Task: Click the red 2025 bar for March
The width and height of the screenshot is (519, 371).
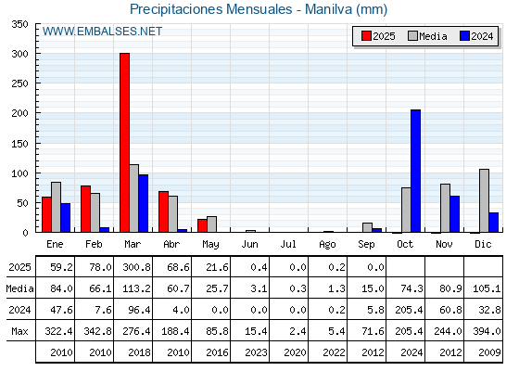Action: click(x=124, y=143)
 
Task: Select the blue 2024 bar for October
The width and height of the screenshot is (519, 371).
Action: click(x=416, y=171)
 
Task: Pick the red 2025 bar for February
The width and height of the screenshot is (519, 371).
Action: click(x=85, y=209)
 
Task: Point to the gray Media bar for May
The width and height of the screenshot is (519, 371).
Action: click(x=212, y=224)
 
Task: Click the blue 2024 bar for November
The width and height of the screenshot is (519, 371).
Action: click(x=455, y=214)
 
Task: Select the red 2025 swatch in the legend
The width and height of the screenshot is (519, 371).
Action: click(x=366, y=36)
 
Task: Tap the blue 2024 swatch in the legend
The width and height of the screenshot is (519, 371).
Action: click(x=464, y=36)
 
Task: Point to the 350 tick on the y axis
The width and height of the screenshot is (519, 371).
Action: click(x=19, y=24)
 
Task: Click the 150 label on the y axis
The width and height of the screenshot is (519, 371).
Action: click(x=19, y=144)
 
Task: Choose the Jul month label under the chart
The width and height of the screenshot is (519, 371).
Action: click(x=288, y=244)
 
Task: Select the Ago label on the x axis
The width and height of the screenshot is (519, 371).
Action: click(x=327, y=245)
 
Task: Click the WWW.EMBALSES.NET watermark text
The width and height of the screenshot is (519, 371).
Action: click(x=102, y=32)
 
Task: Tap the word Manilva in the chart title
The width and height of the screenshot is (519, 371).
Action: click(x=328, y=9)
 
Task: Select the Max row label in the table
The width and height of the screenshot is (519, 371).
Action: click(x=19, y=331)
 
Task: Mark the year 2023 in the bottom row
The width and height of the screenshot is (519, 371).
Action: click(x=256, y=352)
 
